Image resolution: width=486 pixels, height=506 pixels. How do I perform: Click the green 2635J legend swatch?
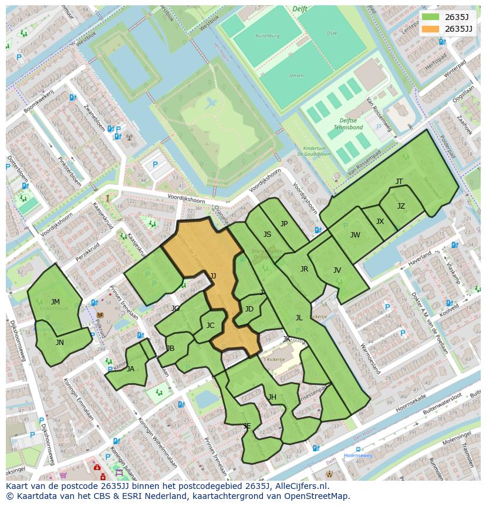[x=430, y=17]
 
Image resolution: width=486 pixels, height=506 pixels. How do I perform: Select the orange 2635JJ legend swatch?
[x=430, y=29]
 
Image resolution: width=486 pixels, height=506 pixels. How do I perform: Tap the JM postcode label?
[x=55, y=302]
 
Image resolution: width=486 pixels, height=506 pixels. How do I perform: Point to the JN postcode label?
[x=60, y=342]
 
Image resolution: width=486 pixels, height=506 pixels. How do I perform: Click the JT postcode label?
[x=399, y=182]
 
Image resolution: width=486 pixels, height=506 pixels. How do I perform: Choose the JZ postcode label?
[x=401, y=206]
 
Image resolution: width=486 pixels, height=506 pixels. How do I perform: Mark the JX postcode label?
[x=380, y=222]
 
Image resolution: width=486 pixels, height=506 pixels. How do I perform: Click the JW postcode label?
[x=355, y=235]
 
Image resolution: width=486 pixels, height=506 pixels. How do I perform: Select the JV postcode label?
[x=337, y=270]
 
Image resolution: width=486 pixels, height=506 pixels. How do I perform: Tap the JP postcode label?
[x=284, y=223]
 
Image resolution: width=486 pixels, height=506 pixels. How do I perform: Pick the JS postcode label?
[x=267, y=234]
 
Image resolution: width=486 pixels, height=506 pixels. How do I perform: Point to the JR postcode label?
[x=304, y=269]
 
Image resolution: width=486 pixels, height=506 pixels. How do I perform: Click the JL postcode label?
[x=299, y=318]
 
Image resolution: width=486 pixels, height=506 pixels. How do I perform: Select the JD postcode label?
[x=249, y=309]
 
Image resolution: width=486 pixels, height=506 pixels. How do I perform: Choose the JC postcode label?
[x=211, y=326]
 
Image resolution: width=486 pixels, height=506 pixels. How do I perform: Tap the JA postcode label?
[x=130, y=369]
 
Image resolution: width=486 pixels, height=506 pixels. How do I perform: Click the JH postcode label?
[x=272, y=397]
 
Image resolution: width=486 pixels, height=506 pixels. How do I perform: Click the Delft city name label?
[x=300, y=9]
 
